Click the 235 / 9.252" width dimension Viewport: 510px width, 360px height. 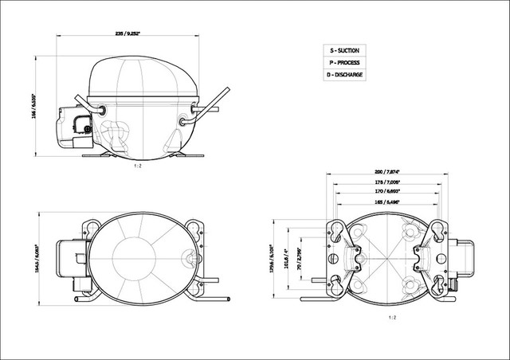pos(130,33)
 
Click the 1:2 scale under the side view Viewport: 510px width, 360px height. pos(137,166)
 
